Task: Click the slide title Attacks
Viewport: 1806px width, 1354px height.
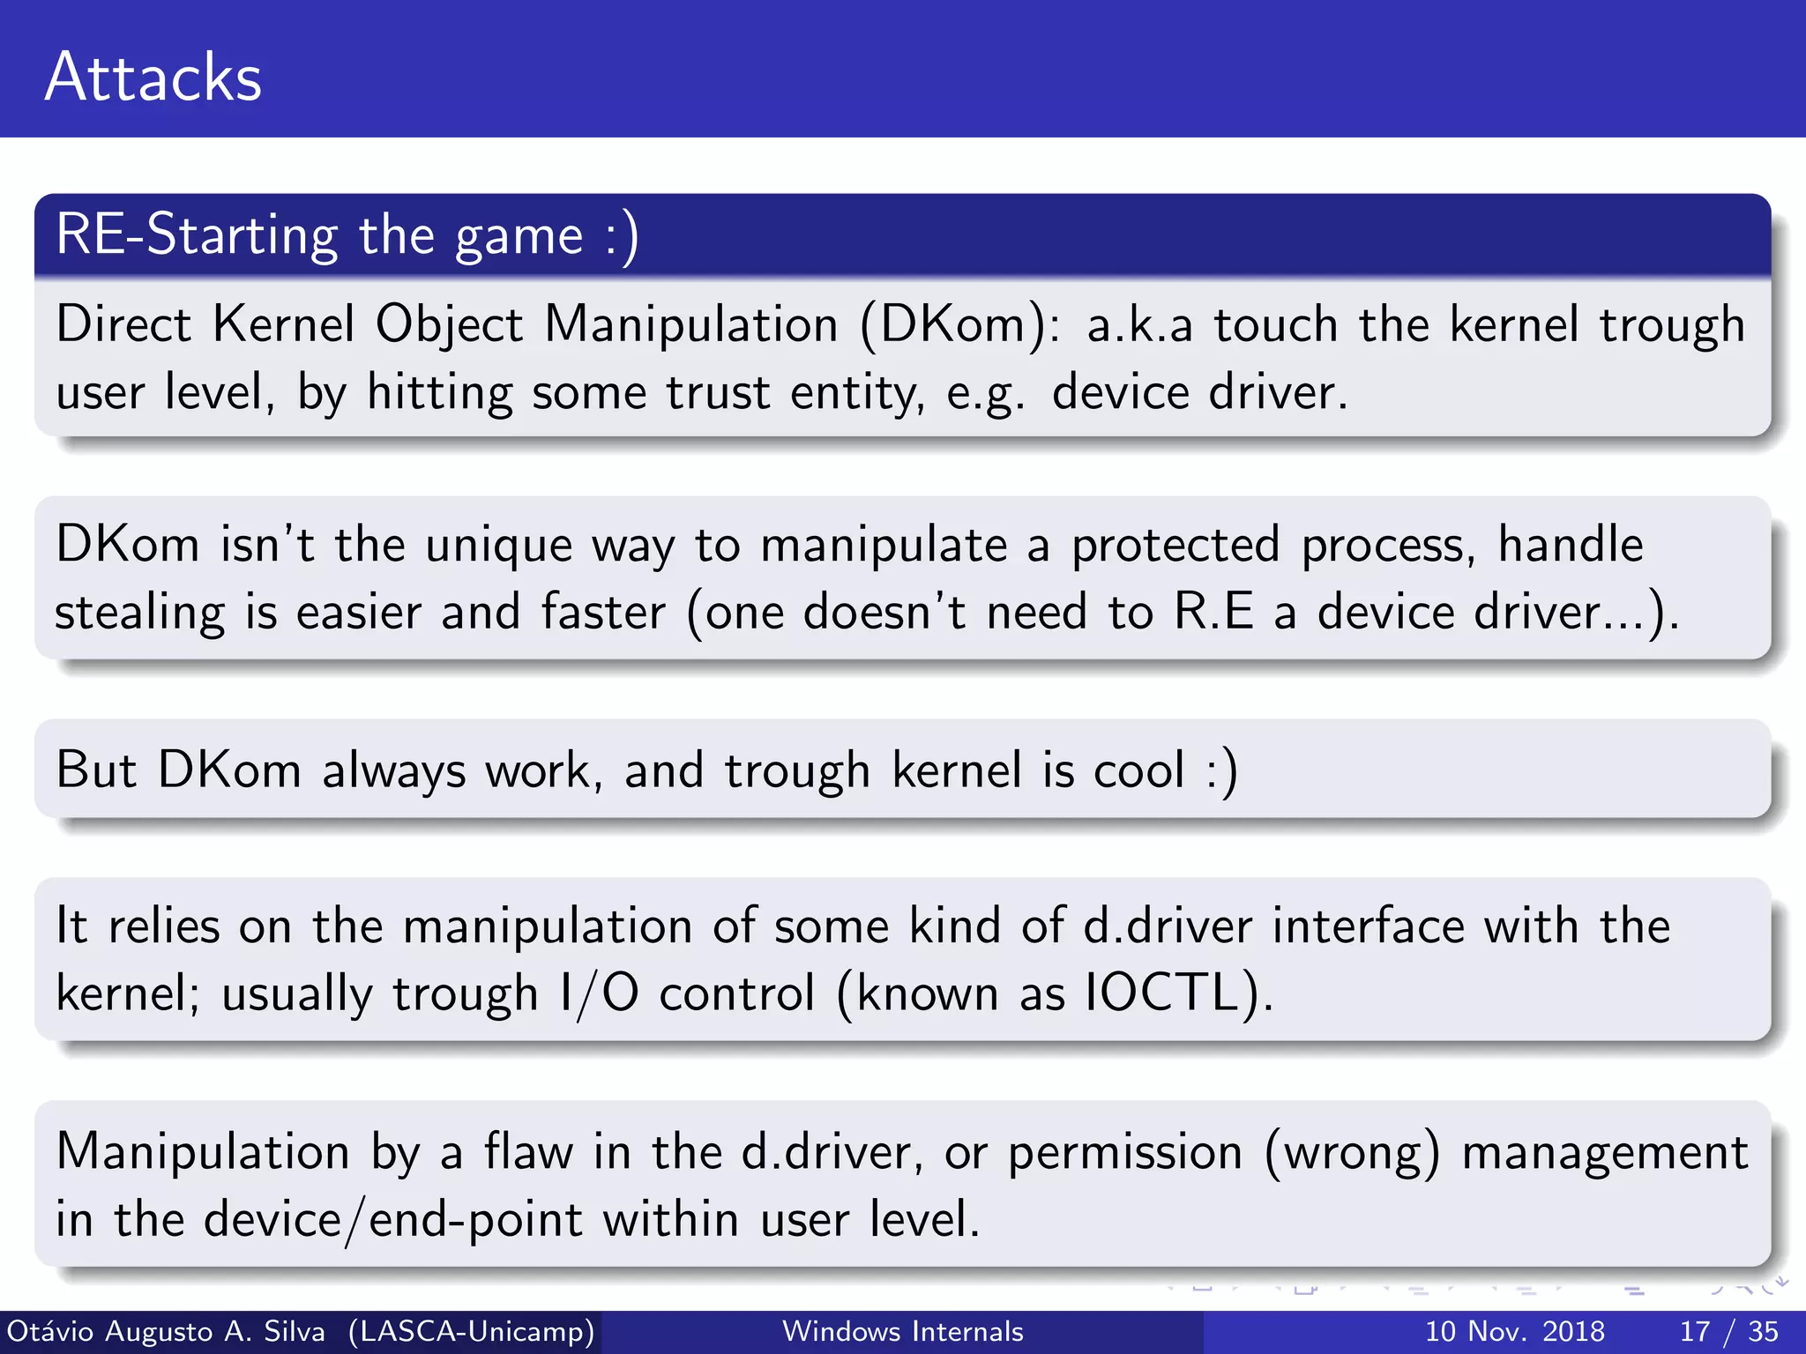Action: pyautogui.click(x=153, y=78)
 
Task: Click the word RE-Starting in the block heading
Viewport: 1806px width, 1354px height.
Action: pyautogui.click(x=197, y=235)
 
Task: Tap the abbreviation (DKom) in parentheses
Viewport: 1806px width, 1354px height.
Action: pyautogui.click(x=959, y=324)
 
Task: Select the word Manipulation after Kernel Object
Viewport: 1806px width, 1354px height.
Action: pyautogui.click(x=690, y=324)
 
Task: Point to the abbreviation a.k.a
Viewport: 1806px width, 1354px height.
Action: pyautogui.click(x=1139, y=324)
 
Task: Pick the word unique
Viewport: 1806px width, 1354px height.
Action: pyautogui.click(x=499, y=545)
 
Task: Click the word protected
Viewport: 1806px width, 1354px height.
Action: pyautogui.click(x=1175, y=545)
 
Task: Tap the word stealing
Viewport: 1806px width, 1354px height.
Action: pyautogui.click(x=140, y=613)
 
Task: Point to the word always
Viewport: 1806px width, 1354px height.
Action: pyautogui.click(x=393, y=770)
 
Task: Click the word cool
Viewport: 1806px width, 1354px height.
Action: pyautogui.click(x=1139, y=770)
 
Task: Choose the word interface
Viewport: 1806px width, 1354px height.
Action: pyautogui.click(x=1367, y=926)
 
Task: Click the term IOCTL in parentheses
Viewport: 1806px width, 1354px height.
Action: pyautogui.click(x=1162, y=993)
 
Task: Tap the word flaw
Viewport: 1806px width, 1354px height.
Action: pyautogui.click(x=528, y=1152)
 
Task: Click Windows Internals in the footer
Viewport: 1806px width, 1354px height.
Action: pyautogui.click(x=902, y=1331)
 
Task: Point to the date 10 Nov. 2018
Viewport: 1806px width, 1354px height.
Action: pyautogui.click(x=1514, y=1331)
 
